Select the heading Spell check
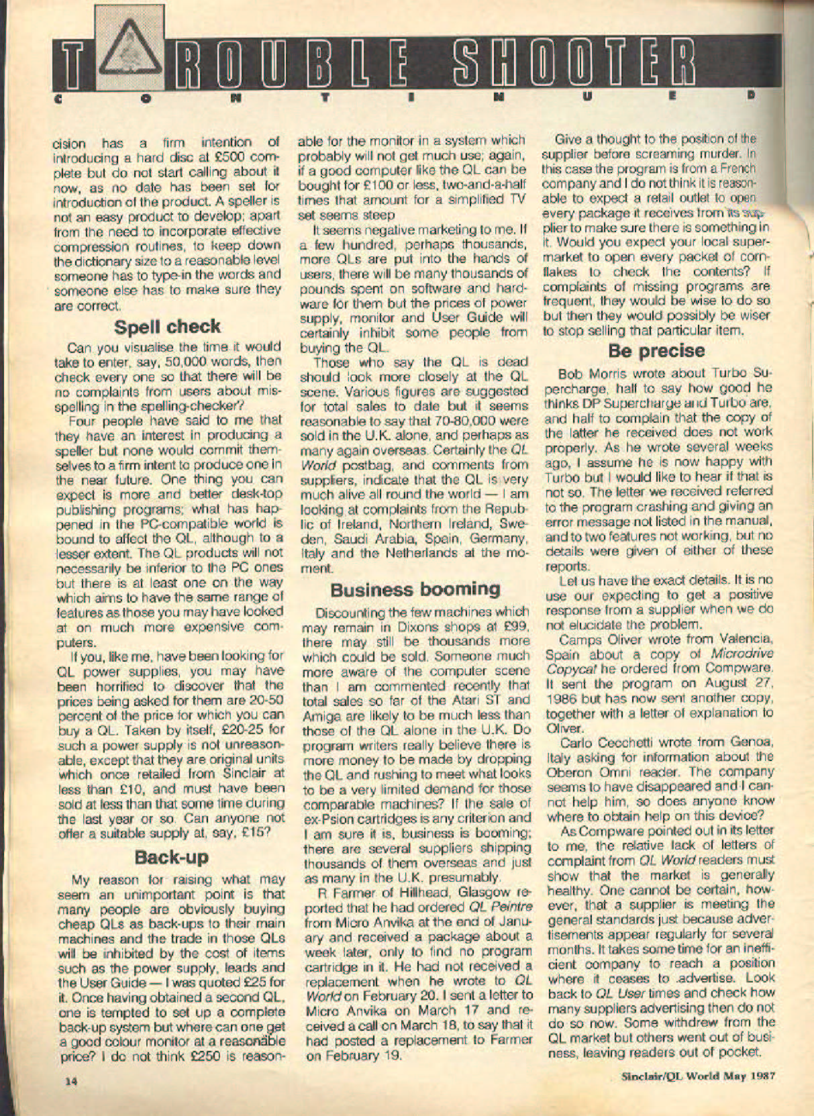(x=167, y=326)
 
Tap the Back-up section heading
(x=171, y=857)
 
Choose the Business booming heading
(x=415, y=589)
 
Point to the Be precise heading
(x=656, y=350)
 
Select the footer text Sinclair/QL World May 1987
(x=698, y=1075)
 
